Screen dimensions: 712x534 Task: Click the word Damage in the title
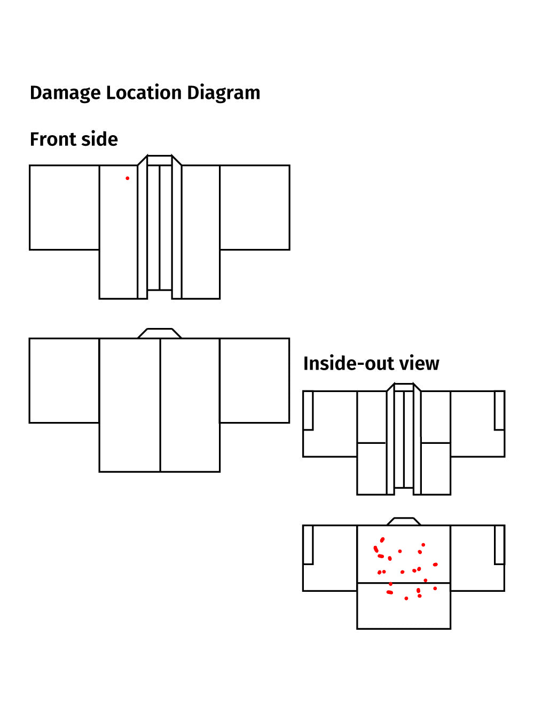(x=65, y=93)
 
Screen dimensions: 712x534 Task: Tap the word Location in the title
(x=144, y=93)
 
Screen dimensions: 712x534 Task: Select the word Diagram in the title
(x=223, y=93)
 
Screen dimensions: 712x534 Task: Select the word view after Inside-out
(x=419, y=364)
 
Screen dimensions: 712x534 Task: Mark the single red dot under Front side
(x=127, y=178)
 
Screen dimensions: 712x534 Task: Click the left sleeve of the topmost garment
(x=64, y=207)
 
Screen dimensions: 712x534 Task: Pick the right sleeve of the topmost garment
(x=255, y=207)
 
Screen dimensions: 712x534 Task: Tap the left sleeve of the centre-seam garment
(x=64, y=380)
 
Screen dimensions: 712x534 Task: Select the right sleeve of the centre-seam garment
(x=255, y=380)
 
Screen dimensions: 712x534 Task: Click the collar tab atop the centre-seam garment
(x=160, y=333)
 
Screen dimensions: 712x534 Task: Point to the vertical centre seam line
(x=160, y=406)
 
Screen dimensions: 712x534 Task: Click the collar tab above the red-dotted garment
(x=404, y=521)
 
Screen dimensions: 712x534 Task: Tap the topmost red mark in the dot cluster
(x=382, y=539)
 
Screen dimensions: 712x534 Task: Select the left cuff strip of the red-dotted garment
(x=308, y=544)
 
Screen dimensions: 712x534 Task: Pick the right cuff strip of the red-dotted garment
(x=499, y=544)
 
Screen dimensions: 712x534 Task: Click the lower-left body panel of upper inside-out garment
(x=372, y=468)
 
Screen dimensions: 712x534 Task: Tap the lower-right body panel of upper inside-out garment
(x=436, y=468)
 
